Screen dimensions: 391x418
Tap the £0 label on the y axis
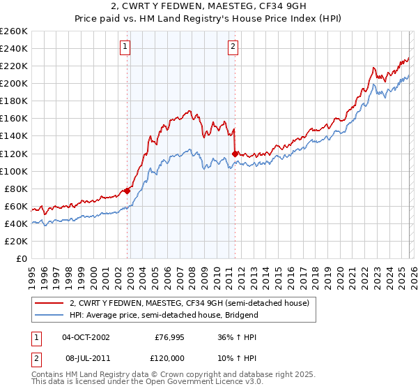click(x=22, y=258)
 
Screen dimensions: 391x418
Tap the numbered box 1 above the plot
click(x=125, y=47)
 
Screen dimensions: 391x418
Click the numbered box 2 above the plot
click(x=232, y=47)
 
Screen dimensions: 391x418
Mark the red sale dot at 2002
click(x=127, y=191)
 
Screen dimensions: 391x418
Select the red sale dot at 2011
click(x=235, y=153)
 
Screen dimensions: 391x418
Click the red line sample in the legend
click(x=49, y=303)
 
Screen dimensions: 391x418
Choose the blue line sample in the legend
click(x=49, y=315)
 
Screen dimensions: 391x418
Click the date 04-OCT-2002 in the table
click(x=86, y=337)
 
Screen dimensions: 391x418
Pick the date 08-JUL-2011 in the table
click(x=86, y=358)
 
